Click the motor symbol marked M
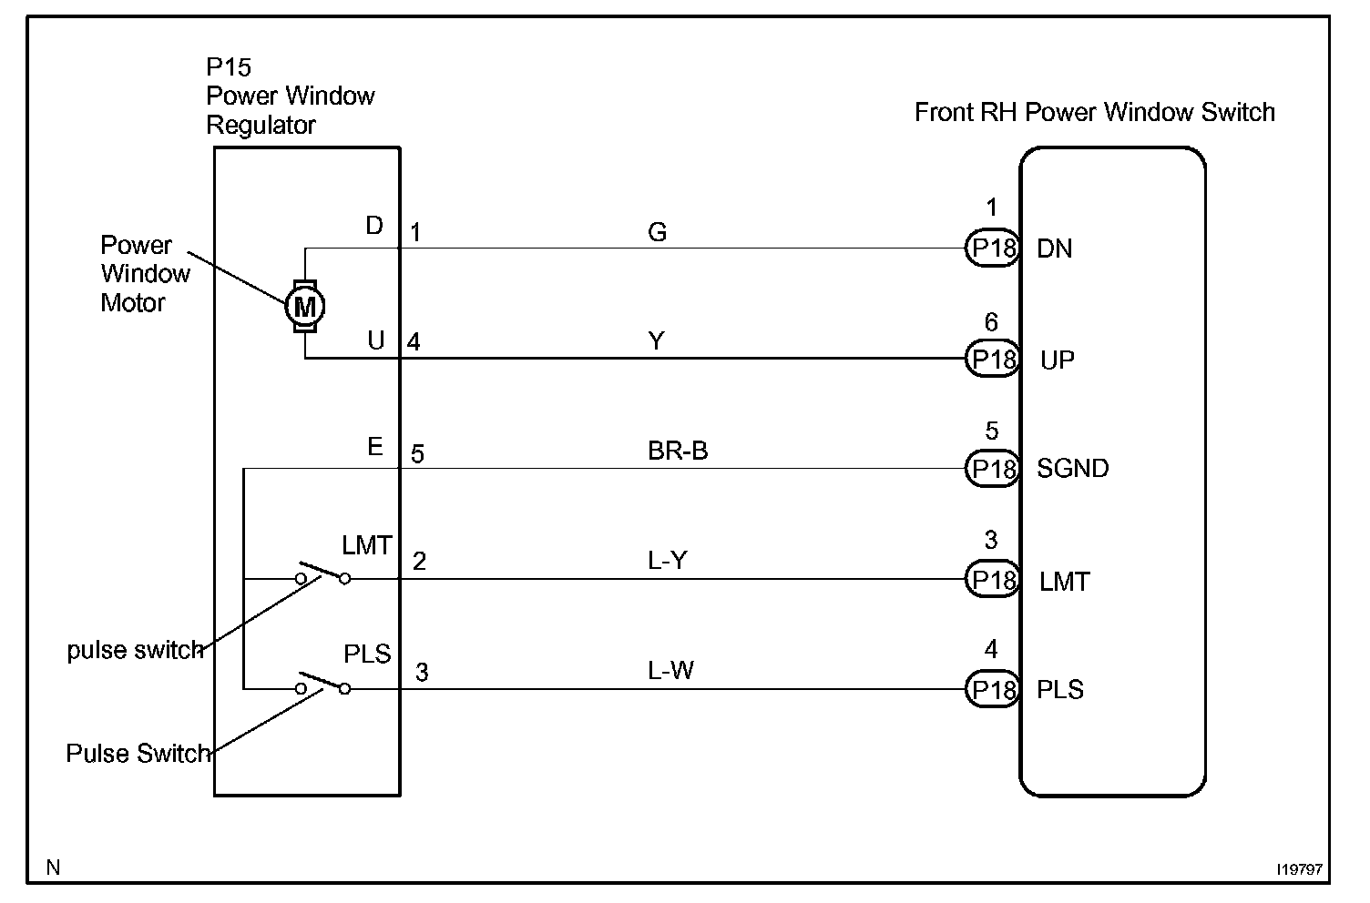(305, 306)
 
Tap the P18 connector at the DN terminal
(992, 249)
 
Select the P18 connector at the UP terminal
(992, 360)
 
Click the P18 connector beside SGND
(992, 469)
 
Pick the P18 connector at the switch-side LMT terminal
(992, 580)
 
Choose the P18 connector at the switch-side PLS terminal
(992, 690)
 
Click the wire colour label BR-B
(678, 451)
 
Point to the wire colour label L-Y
(668, 561)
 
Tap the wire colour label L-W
(671, 672)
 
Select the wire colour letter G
(658, 232)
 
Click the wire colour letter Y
(657, 341)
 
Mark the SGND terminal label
(1073, 469)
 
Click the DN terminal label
(1055, 249)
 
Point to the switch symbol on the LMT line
(322, 573)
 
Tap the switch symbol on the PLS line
(322, 685)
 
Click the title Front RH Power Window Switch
(1094, 113)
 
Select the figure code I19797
(1299, 870)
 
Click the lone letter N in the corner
(54, 867)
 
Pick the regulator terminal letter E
(375, 447)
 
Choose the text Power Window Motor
(145, 274)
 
